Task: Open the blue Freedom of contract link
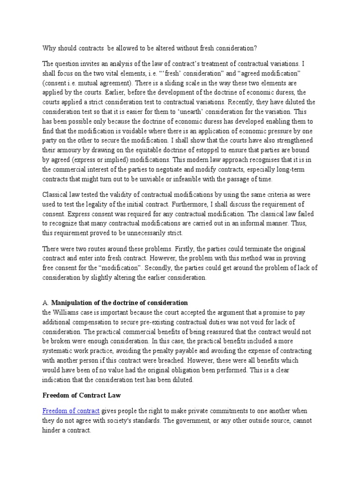click(x=71, y=411)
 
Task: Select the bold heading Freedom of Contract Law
click(x=82, y=395)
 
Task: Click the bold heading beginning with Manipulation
click(x=120, y=302)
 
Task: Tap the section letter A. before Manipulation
click(x=45, y=302)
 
